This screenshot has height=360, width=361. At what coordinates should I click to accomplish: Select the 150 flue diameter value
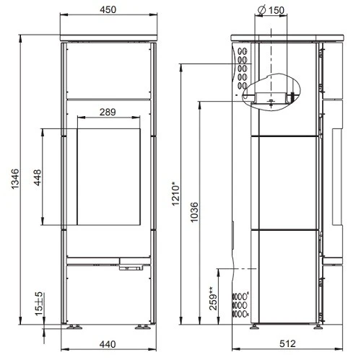275,9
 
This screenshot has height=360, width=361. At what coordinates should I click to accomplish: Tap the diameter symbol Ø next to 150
260,9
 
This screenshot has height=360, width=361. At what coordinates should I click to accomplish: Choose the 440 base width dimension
108,346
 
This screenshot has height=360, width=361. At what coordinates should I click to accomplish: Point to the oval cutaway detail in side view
273,92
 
